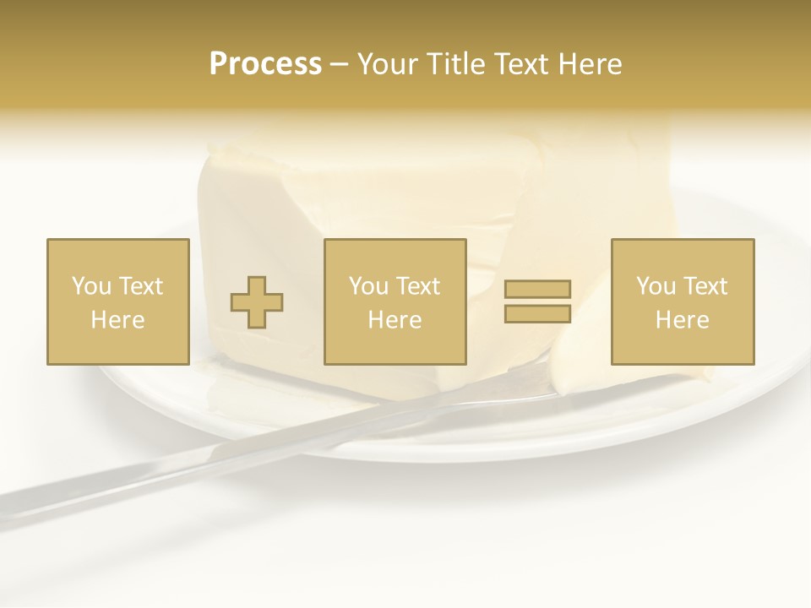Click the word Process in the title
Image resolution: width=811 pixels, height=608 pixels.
[265, 64]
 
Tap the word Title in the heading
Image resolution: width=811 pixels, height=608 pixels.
[453, 64]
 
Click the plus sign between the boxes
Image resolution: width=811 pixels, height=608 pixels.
[257, 302]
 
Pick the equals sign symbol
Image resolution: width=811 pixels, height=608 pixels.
[537, 301]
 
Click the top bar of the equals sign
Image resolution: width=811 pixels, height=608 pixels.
[537, 289]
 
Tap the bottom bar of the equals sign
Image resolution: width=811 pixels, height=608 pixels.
[537, 314]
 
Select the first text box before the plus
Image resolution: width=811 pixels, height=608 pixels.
[118, 301]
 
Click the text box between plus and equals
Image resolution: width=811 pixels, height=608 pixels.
[395, 301]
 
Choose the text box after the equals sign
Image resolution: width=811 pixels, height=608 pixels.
[683, 301]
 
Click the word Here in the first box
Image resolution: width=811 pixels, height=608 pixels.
[118, 320]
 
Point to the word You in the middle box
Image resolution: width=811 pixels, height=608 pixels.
[368, 286]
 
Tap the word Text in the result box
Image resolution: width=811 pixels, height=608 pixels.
[706, 286]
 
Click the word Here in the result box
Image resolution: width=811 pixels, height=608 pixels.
[683, 320]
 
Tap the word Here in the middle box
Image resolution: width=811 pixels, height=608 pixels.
[395, 320]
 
